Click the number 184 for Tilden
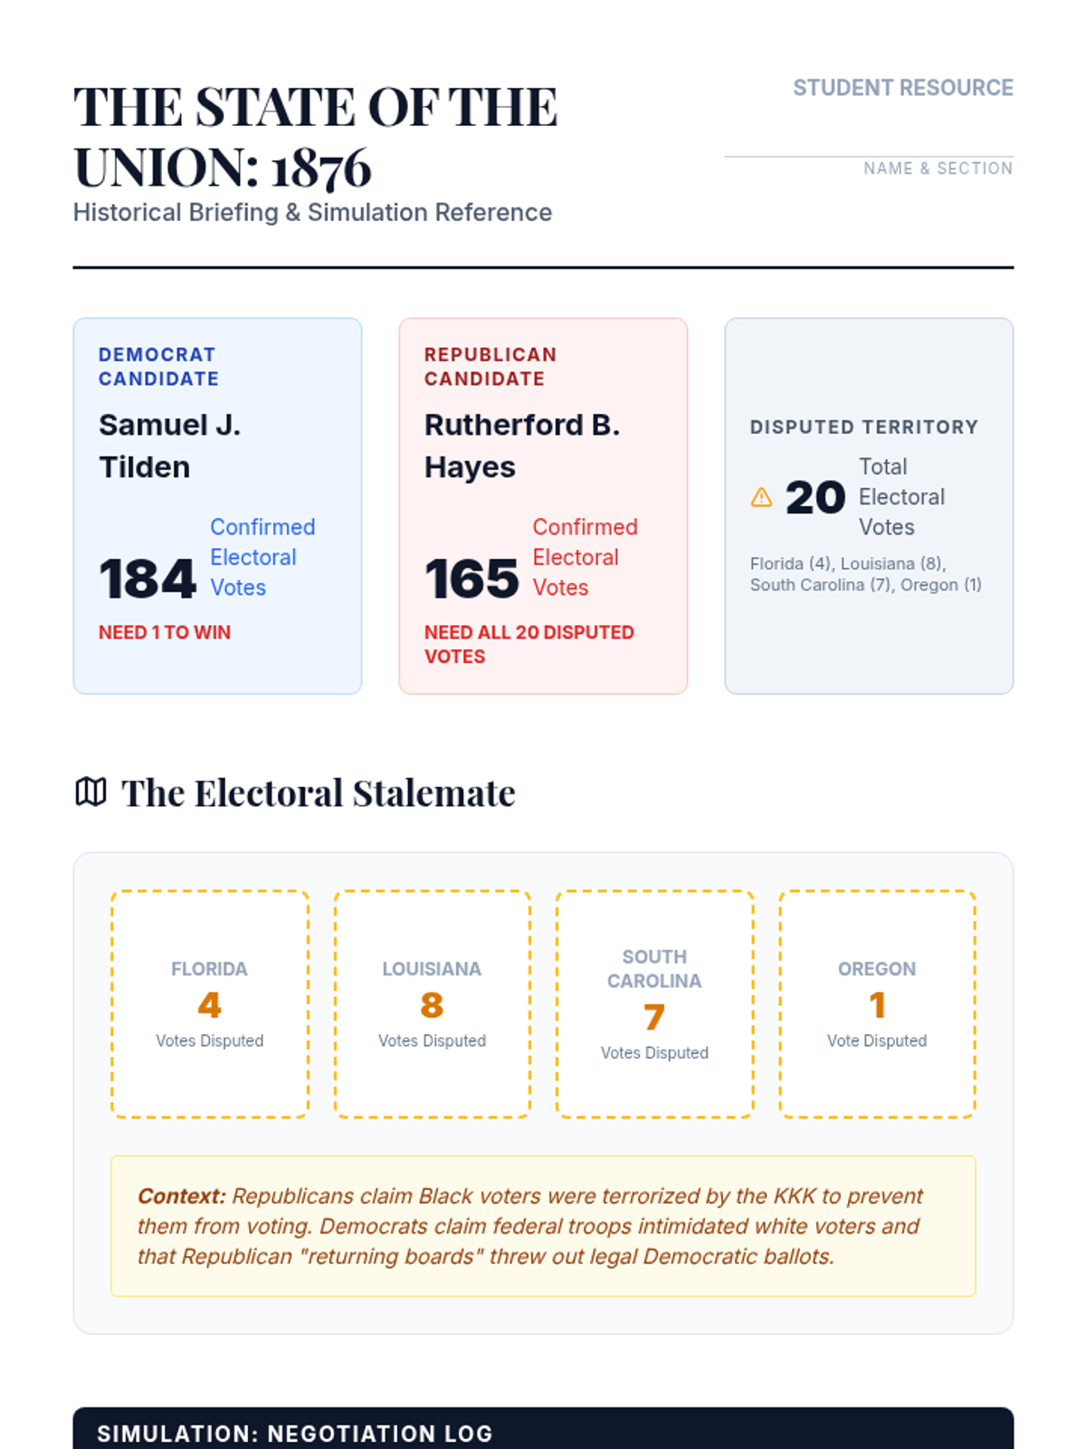[x=148, y=579]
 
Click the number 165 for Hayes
[x=472, y=579]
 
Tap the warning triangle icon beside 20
[x=762, y=497]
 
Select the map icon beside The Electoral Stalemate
[x=90, y=792]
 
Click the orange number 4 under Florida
[x=209, y=1005]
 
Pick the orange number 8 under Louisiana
[x=432, y=1005]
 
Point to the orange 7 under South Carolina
[x=654, y=1017]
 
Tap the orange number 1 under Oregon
[x=877, y=1005]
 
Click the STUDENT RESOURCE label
[x=902, y=88]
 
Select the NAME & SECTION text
[x=938, y=168]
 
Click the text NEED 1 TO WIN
[x=165, y=632]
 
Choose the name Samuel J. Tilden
[x=169, y=446]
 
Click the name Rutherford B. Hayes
[x=522, y=446]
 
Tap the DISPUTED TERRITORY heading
[x=863, y=427]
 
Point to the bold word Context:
[x=181, y=1196]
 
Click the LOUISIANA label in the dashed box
[x=432, y=969]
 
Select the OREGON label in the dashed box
[x=877, y=969]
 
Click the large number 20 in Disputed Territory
[x=815, y=498]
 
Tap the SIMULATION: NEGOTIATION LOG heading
[x=295, y=1434]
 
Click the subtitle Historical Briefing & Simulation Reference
[x=312, y=213]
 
